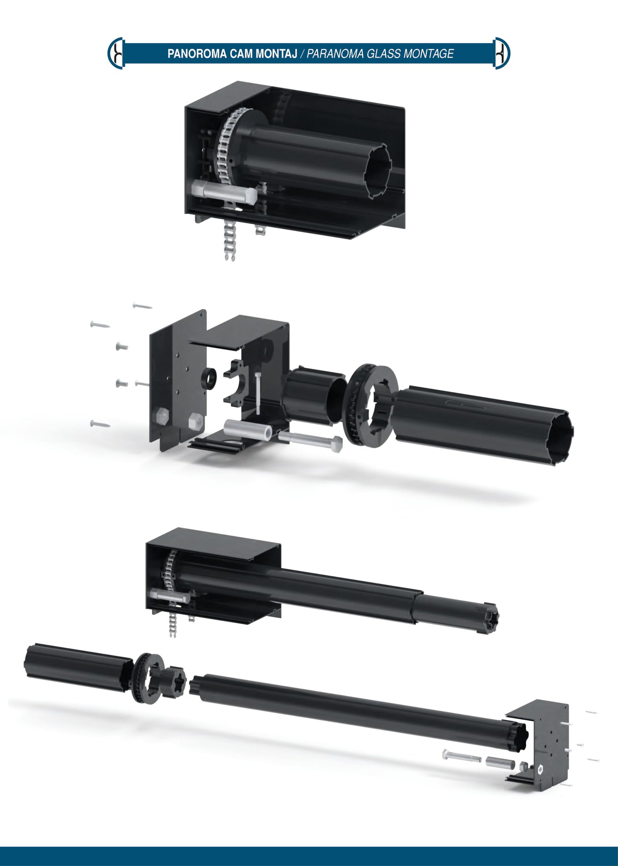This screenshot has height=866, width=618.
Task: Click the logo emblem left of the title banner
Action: coord(116,53)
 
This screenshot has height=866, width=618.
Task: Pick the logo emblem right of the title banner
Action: coord(502,53)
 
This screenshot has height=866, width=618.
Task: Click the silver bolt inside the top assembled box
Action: coord(224,192)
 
